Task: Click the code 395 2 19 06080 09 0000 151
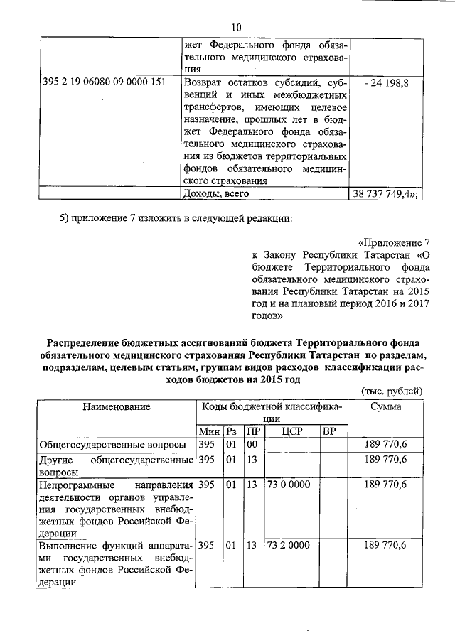[104, 82]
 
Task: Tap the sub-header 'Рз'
[232, 432]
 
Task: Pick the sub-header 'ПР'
[252, 432]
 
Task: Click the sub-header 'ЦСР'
[291, 432]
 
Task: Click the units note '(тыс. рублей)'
[392, 391]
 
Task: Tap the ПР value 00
[251, 445]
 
